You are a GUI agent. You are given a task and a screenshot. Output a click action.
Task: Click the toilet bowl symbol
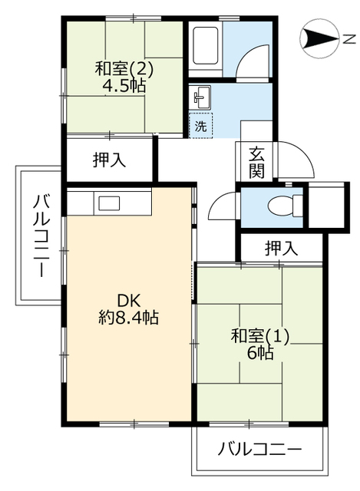point(285,206)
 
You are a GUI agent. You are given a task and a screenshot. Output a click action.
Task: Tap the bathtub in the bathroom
point(206,46)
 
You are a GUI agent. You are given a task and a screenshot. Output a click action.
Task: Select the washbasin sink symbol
point(200,97)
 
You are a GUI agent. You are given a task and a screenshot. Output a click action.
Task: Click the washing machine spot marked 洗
point(201,126)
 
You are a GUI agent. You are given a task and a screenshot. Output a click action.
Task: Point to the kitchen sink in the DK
point(109,203)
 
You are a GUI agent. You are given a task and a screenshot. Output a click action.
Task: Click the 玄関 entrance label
point(256,163)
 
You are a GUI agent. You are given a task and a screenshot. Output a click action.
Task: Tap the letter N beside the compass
point(349,39)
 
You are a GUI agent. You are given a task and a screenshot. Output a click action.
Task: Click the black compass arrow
point(319,39)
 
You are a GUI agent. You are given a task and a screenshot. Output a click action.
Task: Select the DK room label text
point(128,302)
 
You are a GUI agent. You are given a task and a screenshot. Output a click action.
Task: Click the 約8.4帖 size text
point(128,318)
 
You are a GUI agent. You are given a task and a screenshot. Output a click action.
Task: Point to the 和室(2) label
point(124,68)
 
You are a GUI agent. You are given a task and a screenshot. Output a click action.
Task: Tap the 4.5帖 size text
point(124,85)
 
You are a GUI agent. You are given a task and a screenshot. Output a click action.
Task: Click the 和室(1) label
point(260,336)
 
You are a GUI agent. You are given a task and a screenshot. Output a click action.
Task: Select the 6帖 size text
point(260,353)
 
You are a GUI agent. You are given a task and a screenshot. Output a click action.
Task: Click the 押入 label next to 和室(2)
point(109,160)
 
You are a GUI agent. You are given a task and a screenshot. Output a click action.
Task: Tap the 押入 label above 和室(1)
point(281,249)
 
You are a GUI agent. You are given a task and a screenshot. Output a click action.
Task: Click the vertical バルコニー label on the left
point(41,236)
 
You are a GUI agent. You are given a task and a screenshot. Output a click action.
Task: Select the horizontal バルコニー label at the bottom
point(259,450)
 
